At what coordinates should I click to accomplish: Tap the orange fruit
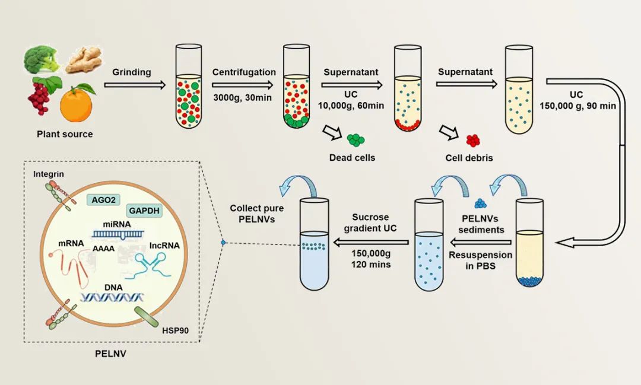click(76, 102)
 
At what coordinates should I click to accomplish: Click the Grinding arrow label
click(131, 72)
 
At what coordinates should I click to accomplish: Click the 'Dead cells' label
click(352, 158)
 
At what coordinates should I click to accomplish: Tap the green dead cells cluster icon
click(356, 140)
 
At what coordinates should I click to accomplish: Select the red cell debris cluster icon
click(472, 141)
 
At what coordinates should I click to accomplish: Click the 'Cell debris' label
click(469, 158)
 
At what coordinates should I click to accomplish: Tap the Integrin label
click(49, 174)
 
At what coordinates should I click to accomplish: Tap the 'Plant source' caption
click(65, 134)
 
